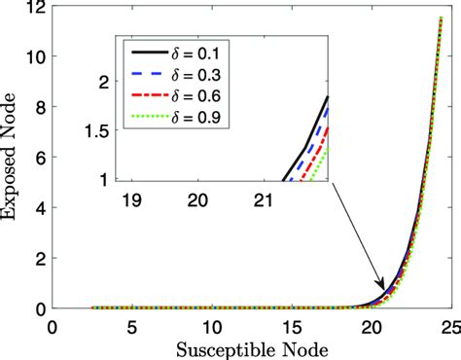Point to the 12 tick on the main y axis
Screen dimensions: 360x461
point(35,8)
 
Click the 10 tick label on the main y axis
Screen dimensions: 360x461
point(35,57)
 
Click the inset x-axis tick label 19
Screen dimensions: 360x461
point(130,199)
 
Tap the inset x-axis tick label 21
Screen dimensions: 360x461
point(263,199)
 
